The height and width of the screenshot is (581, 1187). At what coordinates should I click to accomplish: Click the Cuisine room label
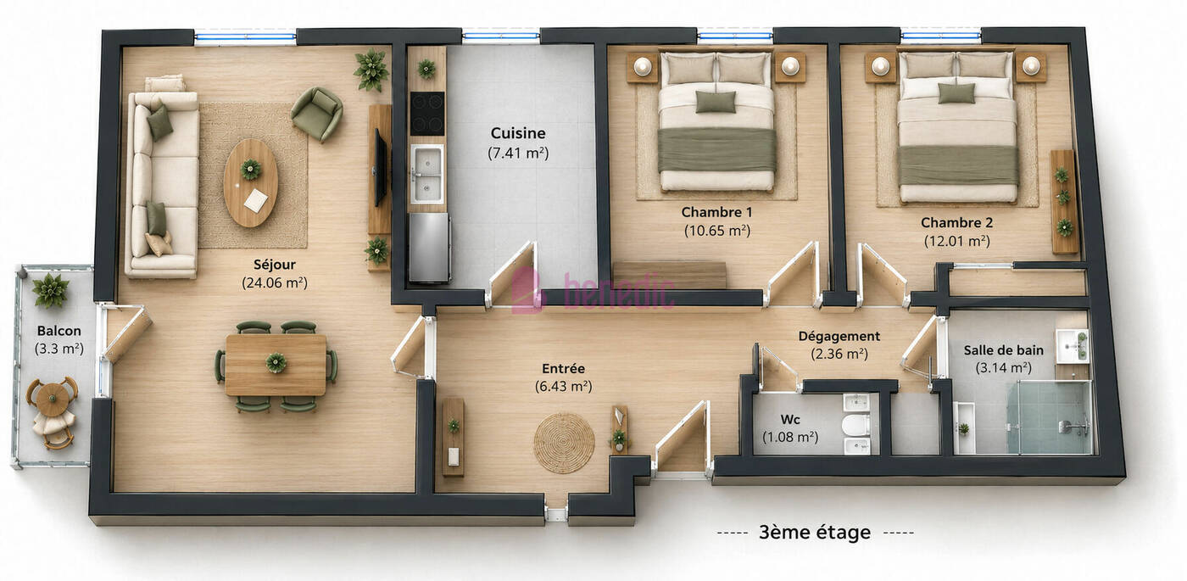point(518,132)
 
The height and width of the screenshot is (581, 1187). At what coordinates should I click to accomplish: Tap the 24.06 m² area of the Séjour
point(275,282)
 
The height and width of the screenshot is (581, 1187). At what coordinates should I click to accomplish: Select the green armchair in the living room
point(317,114)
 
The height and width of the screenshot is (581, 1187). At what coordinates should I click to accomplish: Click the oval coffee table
point(251,183)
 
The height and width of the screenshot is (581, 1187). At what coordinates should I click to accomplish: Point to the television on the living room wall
point(380,168)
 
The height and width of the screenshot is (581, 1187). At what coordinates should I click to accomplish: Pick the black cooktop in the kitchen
point(427,114)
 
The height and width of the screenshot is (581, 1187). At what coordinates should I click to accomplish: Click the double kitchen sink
point(427,175)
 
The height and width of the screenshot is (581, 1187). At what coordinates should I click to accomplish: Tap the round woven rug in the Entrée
point(564,443)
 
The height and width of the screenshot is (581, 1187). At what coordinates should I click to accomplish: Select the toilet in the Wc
point(855,425)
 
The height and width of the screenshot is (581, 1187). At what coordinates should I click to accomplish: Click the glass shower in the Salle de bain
point(1050,417)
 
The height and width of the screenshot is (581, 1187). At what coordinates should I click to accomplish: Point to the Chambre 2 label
point(956,222)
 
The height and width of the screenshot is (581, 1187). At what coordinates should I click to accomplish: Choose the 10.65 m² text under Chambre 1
point(717,231)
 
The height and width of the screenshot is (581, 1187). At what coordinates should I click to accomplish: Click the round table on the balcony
point(52,398)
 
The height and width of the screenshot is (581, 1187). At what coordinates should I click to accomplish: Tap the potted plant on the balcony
point(50,290)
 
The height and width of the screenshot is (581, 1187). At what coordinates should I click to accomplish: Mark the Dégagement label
point(839,336)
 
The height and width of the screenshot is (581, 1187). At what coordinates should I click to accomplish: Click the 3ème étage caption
point(815,533)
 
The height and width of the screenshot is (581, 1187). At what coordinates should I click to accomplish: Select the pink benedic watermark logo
point(593,289)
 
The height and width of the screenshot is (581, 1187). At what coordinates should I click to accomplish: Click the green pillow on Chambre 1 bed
point(716,101)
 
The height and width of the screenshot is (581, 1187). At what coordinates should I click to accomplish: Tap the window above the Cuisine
point(501,36)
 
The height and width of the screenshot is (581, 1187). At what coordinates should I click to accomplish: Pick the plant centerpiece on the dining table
point(276,363)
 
